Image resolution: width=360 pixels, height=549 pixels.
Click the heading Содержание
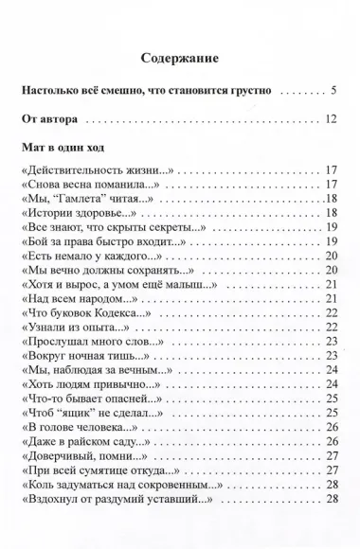pos(180,58)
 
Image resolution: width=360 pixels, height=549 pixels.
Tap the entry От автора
pos(53,120)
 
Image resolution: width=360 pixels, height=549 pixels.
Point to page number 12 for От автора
pos(331,120)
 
